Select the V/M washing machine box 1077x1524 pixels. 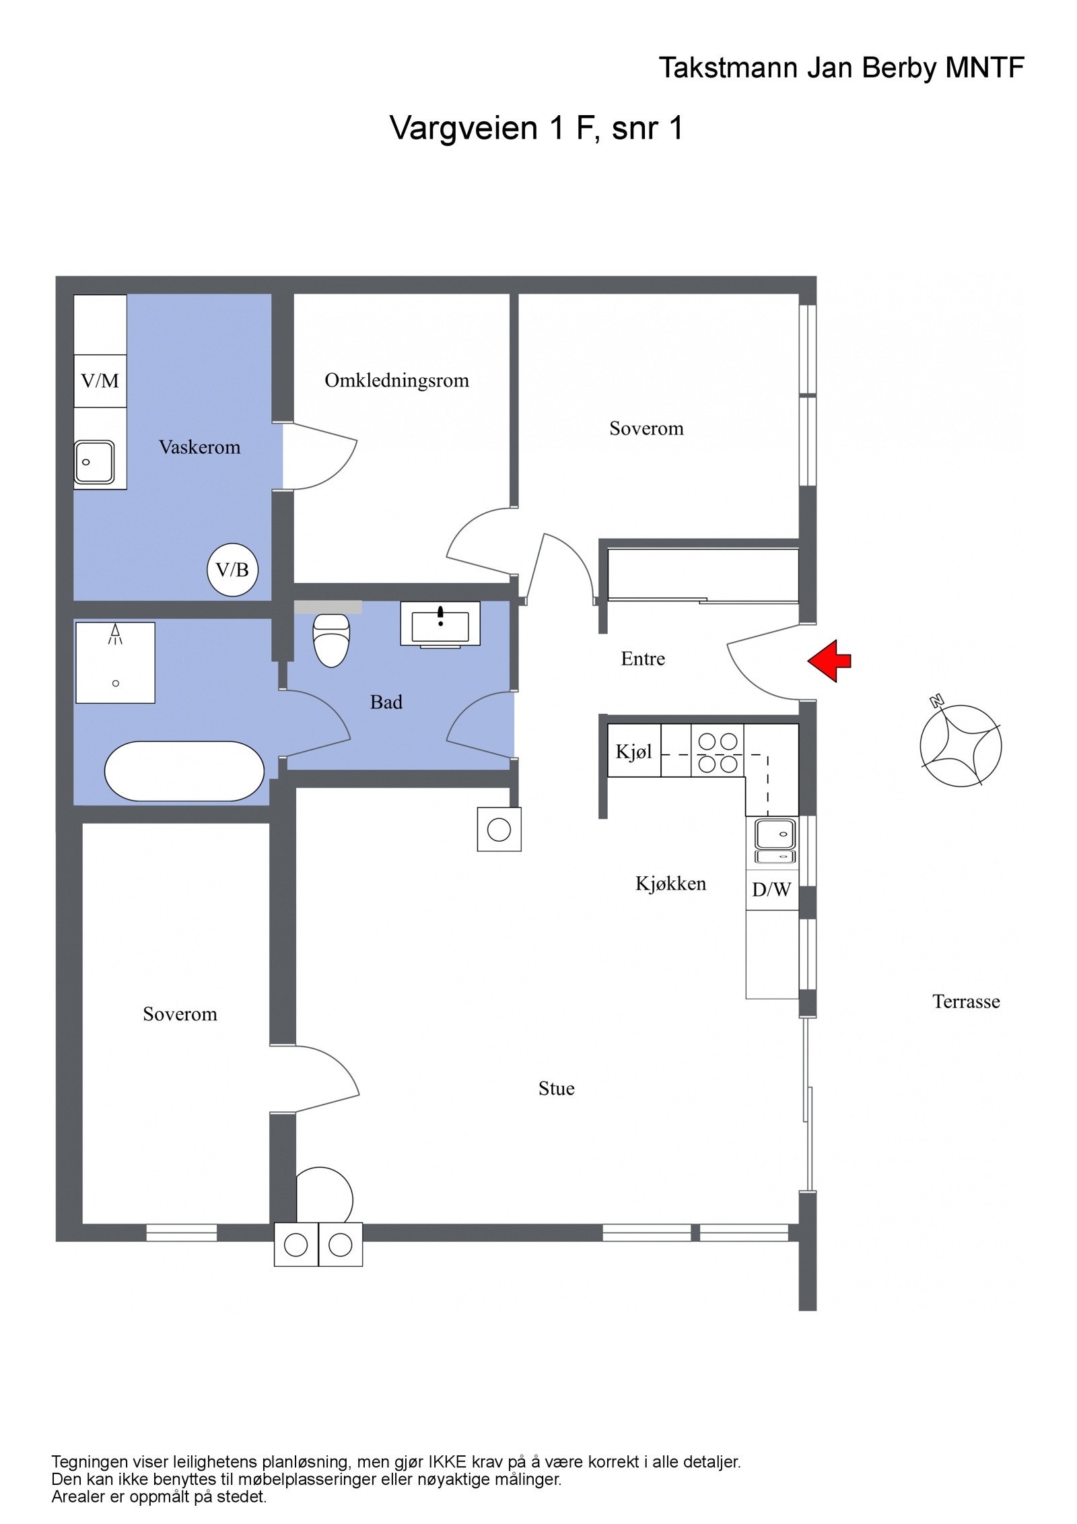click(100, 380)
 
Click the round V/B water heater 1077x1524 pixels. click(232, 570)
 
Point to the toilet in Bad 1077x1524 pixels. click(331, 640)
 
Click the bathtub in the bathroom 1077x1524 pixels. click(184, 771)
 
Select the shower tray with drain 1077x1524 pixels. click(115, 663)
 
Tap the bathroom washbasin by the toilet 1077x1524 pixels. click(440, 624)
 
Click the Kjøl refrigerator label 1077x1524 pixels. click(634, 751)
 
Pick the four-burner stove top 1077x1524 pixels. click(718, 751)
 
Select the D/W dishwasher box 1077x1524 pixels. click(771, 890)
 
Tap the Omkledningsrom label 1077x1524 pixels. click(396, 380)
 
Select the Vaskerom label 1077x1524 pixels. click(199, 447)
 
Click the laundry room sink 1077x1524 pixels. click(94, 461)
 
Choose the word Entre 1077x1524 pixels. click(643, 659)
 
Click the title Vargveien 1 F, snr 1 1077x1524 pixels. click(536, 127)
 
